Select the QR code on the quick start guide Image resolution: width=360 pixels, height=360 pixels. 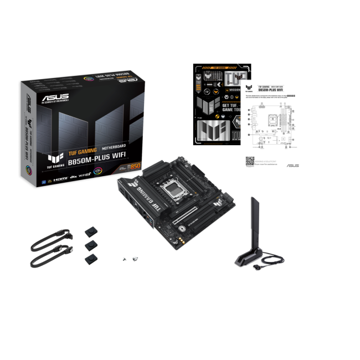tap(250, 162)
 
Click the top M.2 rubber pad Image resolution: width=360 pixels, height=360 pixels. tap(90, 230)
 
